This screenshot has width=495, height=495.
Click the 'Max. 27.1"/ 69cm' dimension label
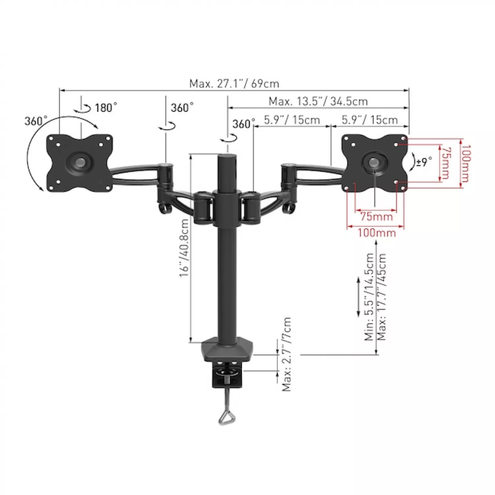tap(234, 83)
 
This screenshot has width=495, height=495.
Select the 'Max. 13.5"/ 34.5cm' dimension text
tap(318, 101)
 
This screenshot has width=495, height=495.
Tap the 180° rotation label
tap(106, 108)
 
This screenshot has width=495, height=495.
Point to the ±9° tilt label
tap(424, 162)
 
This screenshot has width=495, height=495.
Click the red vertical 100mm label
tap(466, 163)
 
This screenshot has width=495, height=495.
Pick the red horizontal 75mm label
tap(377, 217)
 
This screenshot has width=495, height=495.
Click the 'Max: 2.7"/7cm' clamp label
tap(286, 354)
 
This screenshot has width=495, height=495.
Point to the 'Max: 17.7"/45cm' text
tap(381, 297)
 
